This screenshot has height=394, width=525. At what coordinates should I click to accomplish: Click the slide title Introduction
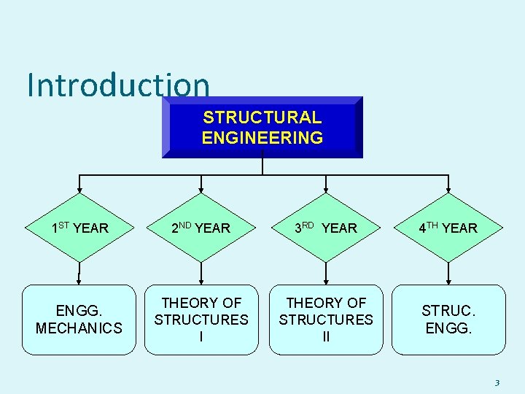[x=118, y=85]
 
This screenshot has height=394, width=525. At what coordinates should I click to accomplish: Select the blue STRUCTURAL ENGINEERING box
[x=262, y=127]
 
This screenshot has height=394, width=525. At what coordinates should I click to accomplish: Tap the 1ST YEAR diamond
[x=79, y=228]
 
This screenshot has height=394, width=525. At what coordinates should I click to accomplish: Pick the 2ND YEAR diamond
[x=201, y=228]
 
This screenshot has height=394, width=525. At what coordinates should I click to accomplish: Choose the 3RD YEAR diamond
[x=325, y=228]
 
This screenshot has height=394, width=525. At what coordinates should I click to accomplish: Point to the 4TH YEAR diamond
[x=448, y=228]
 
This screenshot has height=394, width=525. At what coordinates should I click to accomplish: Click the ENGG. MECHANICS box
[x=79, y=320]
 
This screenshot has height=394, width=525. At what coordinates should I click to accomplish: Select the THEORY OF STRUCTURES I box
[x=201, y=320]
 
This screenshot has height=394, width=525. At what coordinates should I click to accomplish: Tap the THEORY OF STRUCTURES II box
[x=325, y=320]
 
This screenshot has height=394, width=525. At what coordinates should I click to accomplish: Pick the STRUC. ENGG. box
[x=448, y=320]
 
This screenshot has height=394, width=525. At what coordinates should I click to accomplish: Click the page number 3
[x=497, y=382]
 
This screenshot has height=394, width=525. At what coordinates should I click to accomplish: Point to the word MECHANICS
[x=79, y=328]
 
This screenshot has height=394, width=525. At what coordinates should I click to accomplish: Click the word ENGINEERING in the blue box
[x=262, y=137]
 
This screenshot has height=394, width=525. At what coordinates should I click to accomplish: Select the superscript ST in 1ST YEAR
[x=64, y=225]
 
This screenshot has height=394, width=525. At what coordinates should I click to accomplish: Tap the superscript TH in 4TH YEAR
[x=432, y=225]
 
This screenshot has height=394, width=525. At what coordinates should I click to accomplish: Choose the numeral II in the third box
[x=325, y=337]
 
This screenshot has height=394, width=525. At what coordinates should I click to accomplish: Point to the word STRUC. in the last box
[x=447, y=311]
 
